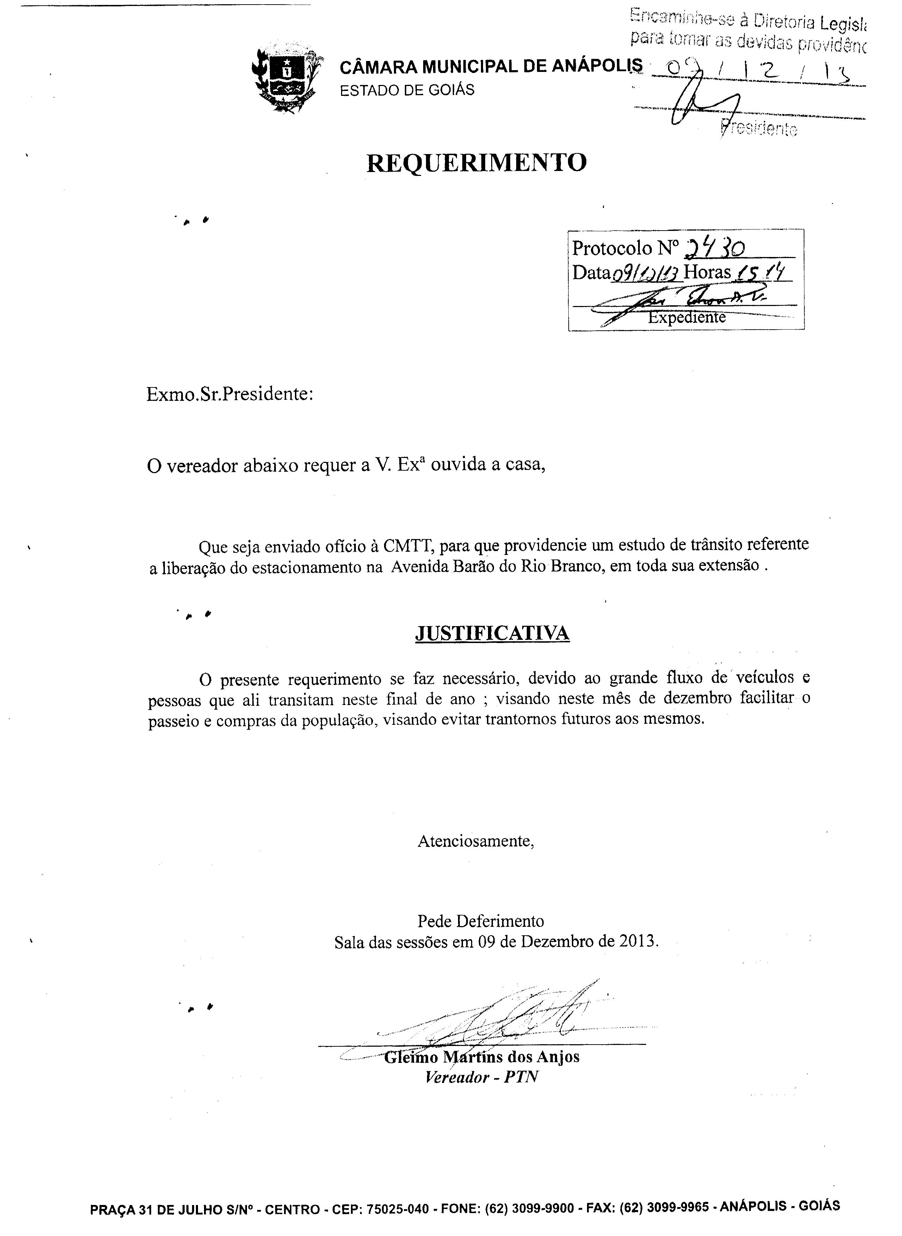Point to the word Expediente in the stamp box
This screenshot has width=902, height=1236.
(686, 317)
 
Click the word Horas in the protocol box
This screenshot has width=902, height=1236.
(706, 272)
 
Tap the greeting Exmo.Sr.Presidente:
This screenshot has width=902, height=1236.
(230, 394)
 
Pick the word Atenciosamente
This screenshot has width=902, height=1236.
(475, 840)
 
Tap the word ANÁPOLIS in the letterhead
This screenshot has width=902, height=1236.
(597, 67)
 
